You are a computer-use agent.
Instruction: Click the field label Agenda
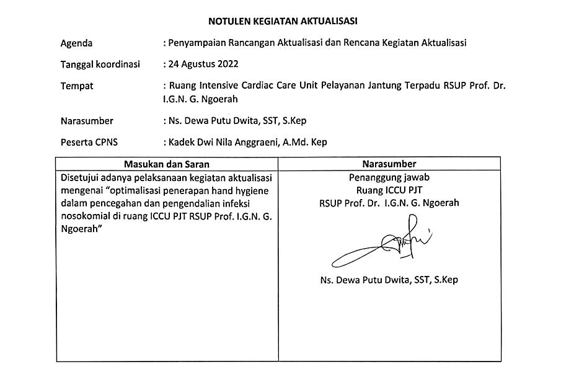(x=76, y=43)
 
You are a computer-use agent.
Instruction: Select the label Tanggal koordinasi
(x=100, y=64)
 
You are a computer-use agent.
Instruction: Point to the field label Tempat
(x=77, y=86)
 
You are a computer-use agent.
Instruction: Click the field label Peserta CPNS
(x=89, y=142)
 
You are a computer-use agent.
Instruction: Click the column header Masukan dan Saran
(x=167, y=164)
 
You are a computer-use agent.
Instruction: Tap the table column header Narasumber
(x=389, y=164)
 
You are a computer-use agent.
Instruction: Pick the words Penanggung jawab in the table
(x=389, y=178)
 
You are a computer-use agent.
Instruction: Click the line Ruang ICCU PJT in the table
(x=389, y=190)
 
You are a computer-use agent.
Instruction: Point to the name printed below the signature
(x=389, y=280)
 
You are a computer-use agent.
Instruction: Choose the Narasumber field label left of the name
(x=87, y=121)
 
